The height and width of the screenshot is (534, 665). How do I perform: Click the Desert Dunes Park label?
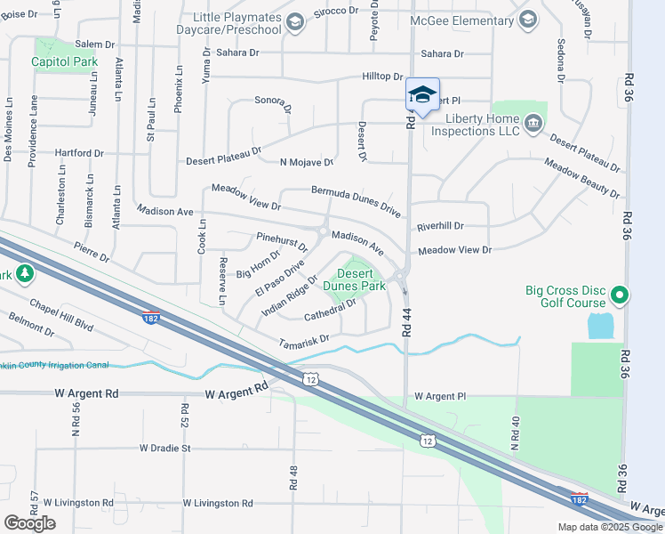point(354,280)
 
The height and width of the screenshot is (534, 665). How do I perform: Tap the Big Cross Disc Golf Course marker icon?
point(621,295)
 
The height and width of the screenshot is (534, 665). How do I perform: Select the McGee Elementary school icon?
point(528,20)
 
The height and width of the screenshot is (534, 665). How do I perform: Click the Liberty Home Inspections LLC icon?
point(533,123)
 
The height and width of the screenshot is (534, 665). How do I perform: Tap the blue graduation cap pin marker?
point(422,93)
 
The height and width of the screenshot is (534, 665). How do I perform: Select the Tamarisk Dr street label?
point(304,339)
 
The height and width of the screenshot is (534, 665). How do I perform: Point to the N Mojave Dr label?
point(306,163)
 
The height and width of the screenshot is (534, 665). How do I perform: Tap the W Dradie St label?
point(164,448)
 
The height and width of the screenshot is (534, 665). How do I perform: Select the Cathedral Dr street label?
point(330,309)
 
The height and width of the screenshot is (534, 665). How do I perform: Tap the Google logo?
point(29,522)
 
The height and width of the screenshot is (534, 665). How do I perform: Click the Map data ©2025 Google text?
point(608,527)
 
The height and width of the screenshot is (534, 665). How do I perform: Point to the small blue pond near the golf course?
point(599,326)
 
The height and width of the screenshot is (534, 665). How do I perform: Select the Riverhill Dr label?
point(440,226)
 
